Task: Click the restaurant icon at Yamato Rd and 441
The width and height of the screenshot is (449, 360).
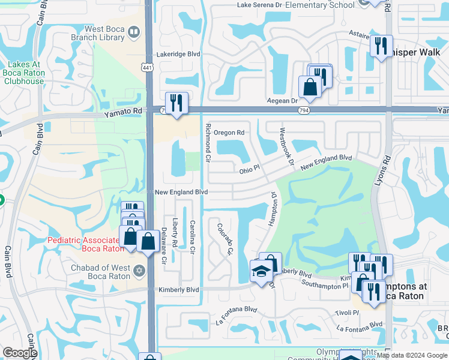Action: [176, 103]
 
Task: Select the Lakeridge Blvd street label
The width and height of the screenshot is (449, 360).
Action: [178, 54]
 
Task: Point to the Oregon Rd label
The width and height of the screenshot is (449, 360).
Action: [229, 133]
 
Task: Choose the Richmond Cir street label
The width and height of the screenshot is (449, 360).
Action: [208, 143]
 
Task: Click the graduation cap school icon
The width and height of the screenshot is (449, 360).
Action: [261, 272]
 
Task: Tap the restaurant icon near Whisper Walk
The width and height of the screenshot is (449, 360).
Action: [381, 46]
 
